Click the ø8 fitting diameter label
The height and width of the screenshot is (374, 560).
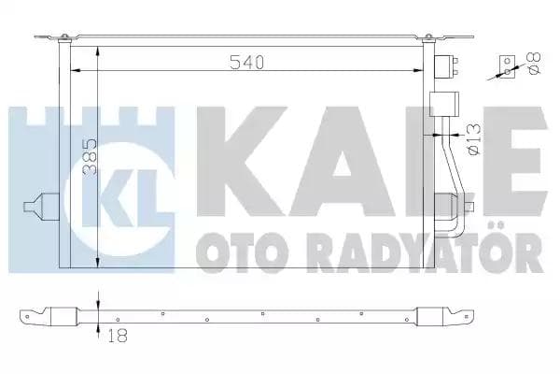click(533, 65)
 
